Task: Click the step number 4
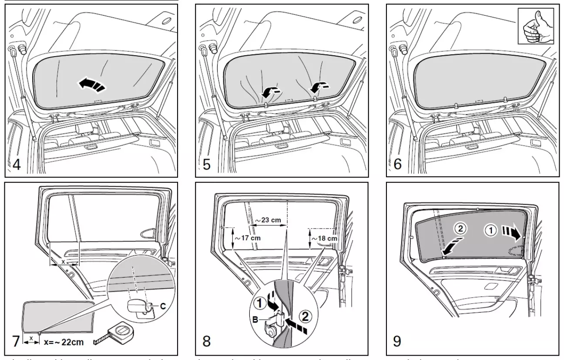16,165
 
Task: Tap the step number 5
207,165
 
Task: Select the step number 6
396,165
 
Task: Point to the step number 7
16,341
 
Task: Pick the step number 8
207,341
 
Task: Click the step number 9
396,341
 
